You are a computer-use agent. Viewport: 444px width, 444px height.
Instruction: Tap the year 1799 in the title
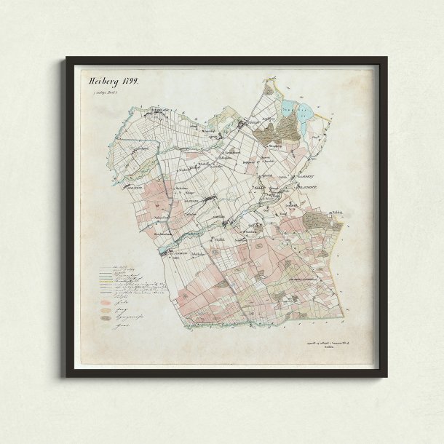click(129, 82)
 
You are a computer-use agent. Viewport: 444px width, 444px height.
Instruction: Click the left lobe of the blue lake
click(292, 108)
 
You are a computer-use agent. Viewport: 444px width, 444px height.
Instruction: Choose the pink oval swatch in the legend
click(105, 298)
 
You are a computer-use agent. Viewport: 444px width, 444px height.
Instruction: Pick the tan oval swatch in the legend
click(105, 309)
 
